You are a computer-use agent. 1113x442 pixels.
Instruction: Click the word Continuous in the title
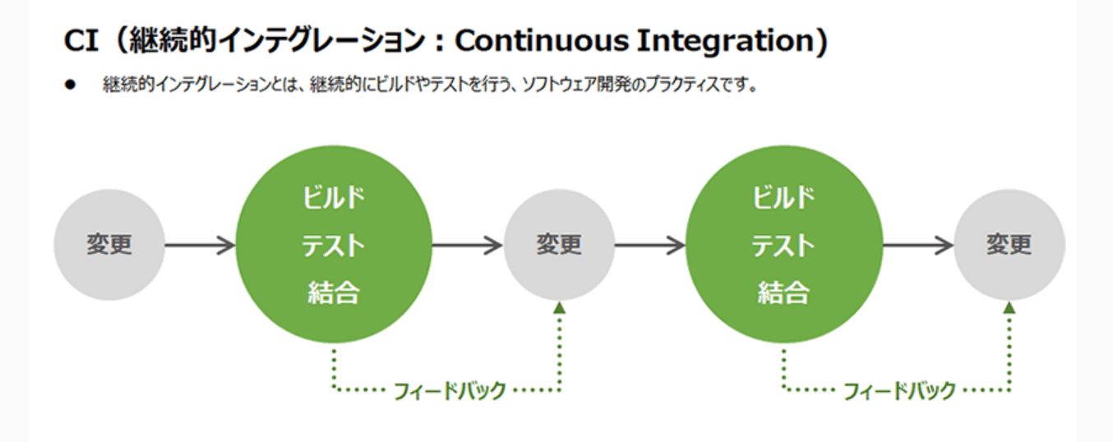pyautogui.click(x=542, y=40)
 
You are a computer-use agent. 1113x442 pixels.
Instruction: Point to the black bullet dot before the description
pyautogui.click(x=70, y=85)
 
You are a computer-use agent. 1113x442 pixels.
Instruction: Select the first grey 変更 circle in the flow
pyautogui.click(x=109, y=245)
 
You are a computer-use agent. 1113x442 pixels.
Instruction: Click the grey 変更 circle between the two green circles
pyautogui.click(x=559, y=245)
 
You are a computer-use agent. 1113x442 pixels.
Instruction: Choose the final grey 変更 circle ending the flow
pyautogui.click(x=1009, y=245)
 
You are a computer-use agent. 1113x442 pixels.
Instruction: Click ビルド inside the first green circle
pyautogui.click(x=334, y=198)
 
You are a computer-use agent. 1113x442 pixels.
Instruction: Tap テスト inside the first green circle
pyautogui.click(x=334, y=246)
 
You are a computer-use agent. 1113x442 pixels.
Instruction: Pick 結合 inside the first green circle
pyautogui.click(x=334, y=292)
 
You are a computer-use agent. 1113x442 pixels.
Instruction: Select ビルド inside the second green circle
pyautogui.click(x=783, y=198)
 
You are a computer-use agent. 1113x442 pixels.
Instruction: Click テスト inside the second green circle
pyautogui.click(x=783, y=246)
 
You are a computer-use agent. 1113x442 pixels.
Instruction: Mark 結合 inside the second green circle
pyautogui.click(x=783, y=292)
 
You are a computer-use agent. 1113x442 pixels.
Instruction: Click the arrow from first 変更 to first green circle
pyautogui.click(x=201, y=245)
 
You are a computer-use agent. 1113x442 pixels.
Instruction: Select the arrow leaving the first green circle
pyautogui.click(x=468, y=245)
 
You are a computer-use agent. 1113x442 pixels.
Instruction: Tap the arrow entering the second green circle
pyautogui.click(x=650, y=245)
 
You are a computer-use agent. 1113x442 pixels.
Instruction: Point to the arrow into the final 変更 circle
pyautogui.click(x=917, y=245)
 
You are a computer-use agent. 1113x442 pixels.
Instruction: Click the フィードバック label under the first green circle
pyautogui.click(x=450, y=391)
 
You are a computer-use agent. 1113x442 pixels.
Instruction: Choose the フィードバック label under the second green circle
pyautogui.click(x=899, y=391)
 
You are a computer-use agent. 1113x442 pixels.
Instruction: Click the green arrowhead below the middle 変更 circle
pyautogui.click(x=560, y=308)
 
